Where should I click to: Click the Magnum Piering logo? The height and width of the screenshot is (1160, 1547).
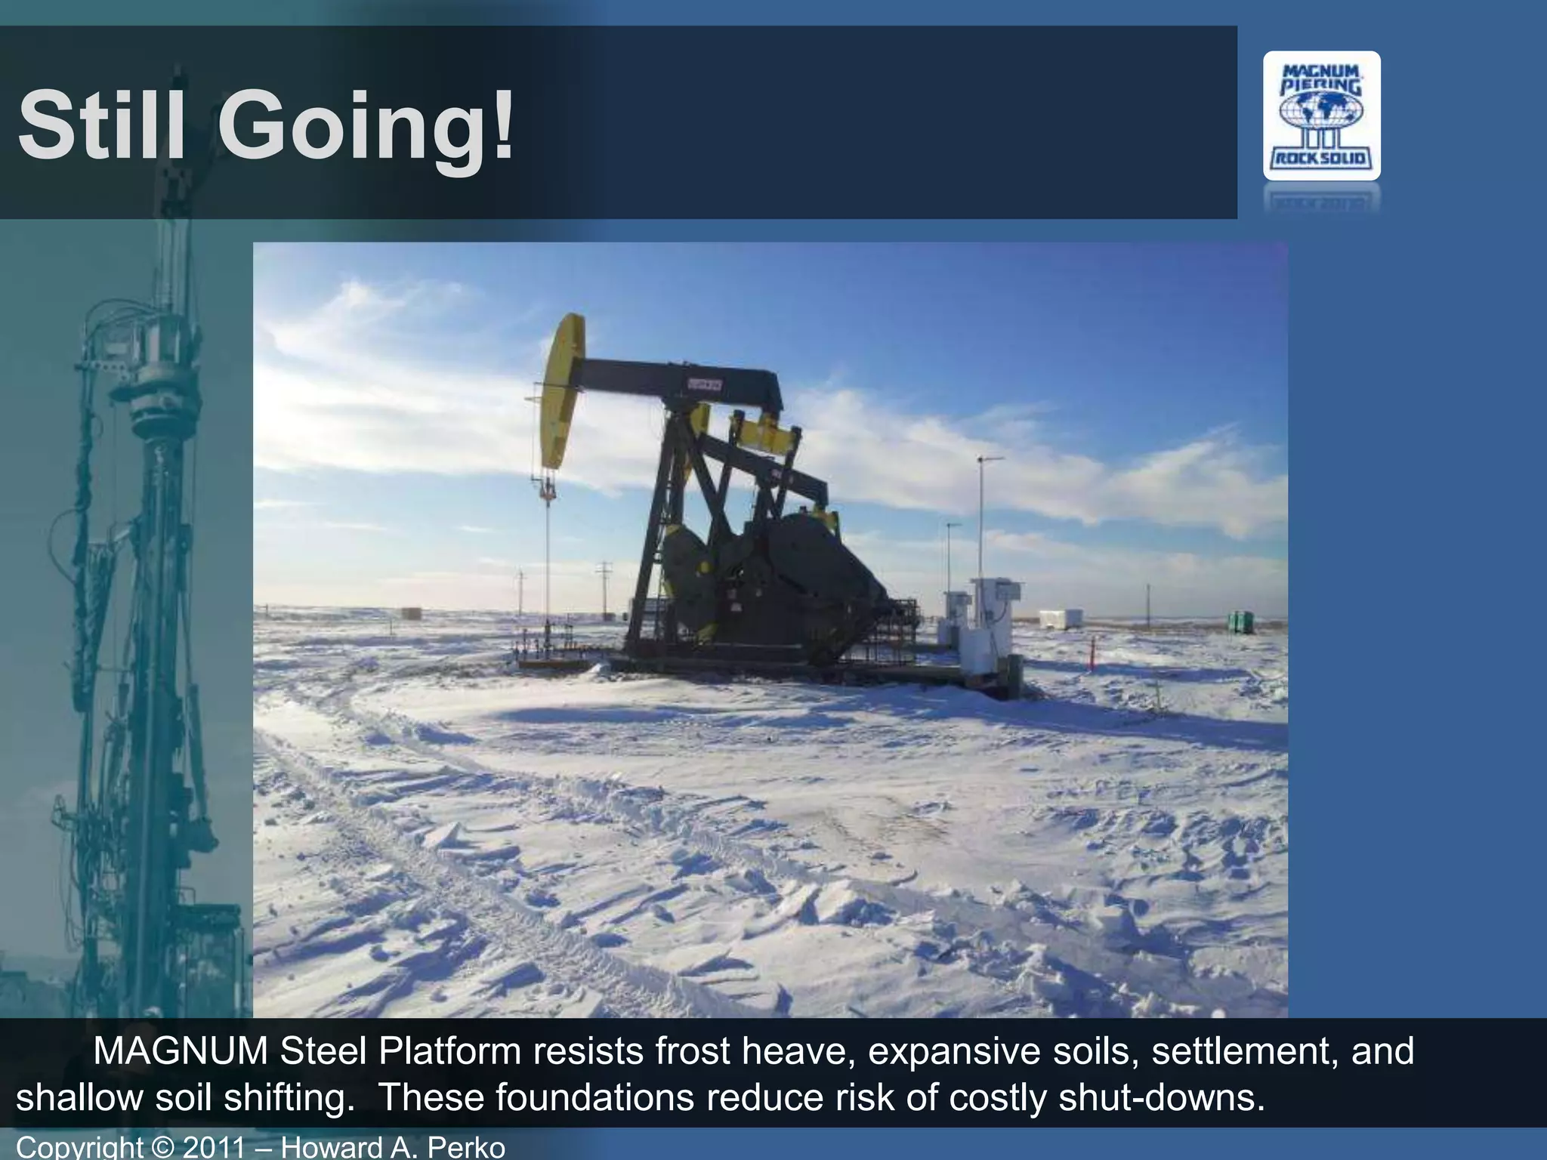[x=1322, y=116]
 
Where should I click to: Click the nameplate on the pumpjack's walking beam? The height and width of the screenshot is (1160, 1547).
[x=704, y=384]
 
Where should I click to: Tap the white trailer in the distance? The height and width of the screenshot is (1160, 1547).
[x=1061, y=619]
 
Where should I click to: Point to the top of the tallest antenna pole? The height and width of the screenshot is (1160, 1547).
[x=980, y=459]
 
